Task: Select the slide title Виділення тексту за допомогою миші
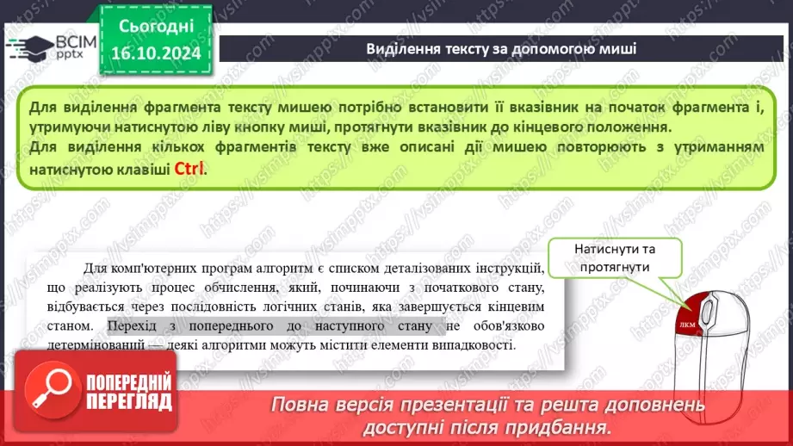coord(501,47)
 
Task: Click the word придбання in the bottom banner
coord(561,426)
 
